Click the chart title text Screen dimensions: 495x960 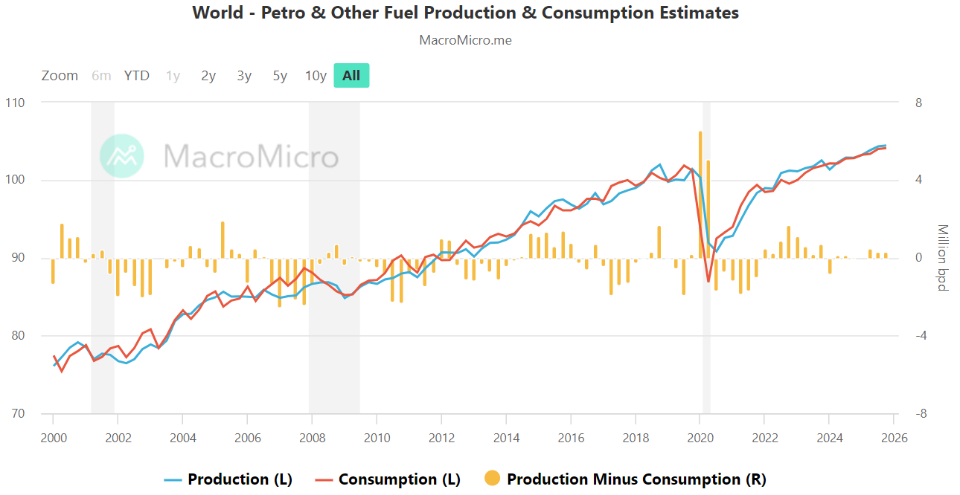point(465,13)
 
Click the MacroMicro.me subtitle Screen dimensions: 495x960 point(465,40)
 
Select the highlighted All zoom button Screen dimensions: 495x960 point(351,75)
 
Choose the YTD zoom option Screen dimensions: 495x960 point(136,75)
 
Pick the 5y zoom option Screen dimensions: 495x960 point(280,75)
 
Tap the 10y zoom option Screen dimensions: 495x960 point(316,75)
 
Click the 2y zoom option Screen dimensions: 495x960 point(208,75)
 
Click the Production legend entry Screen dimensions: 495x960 point(229,479)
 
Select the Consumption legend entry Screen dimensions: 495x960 point(389,479)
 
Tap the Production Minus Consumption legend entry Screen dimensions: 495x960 point(625,479)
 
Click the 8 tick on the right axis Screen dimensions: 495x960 point(918,103)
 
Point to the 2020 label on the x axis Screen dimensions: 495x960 point(700,438)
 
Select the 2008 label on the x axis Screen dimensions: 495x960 point(312,438)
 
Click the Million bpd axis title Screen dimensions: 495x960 point(942,258)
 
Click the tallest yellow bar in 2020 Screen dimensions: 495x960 point(700,193)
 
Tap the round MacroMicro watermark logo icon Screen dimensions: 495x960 point(122,156)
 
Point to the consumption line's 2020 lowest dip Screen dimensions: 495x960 point(708,281)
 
